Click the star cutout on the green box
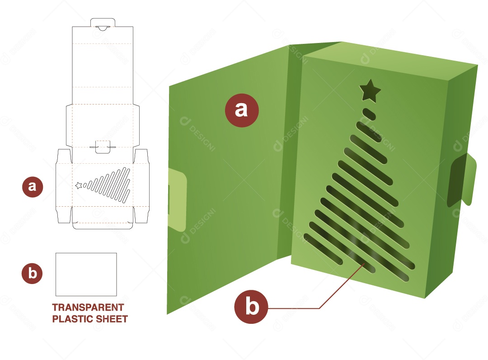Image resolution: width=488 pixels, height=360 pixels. [370, 90]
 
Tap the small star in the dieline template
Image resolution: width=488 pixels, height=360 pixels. [78, 185]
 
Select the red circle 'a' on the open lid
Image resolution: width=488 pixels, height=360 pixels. [242, 110]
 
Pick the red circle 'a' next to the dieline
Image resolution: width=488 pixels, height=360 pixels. [33, 187]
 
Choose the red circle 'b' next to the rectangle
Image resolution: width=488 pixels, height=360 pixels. [32, 273]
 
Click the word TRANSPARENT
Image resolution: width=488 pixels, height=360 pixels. [88, 308]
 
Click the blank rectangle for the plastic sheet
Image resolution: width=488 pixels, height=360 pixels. [86, 274]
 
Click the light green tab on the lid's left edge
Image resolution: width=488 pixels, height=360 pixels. [177, 199]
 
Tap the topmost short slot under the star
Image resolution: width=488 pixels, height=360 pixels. [369, 114]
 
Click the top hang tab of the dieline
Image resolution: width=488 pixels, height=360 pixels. [103, 23]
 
